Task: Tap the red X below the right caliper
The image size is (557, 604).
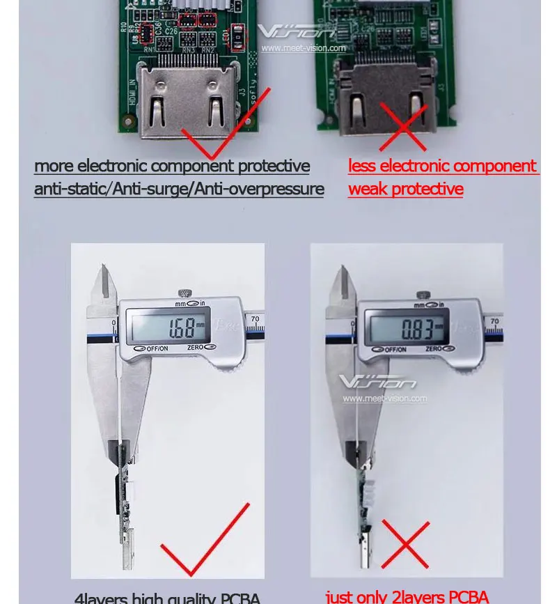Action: tap(405, 544)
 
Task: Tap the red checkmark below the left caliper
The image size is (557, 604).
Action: tap(205, 541)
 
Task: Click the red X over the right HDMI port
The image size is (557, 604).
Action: tap(403, 126)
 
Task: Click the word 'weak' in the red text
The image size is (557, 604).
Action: tap(368, 189)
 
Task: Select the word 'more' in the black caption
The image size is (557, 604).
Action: tap(54, 166)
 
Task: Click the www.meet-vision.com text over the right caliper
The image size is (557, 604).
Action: tap(384, 398)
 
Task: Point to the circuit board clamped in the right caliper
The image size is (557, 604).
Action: tap(364, 502)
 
